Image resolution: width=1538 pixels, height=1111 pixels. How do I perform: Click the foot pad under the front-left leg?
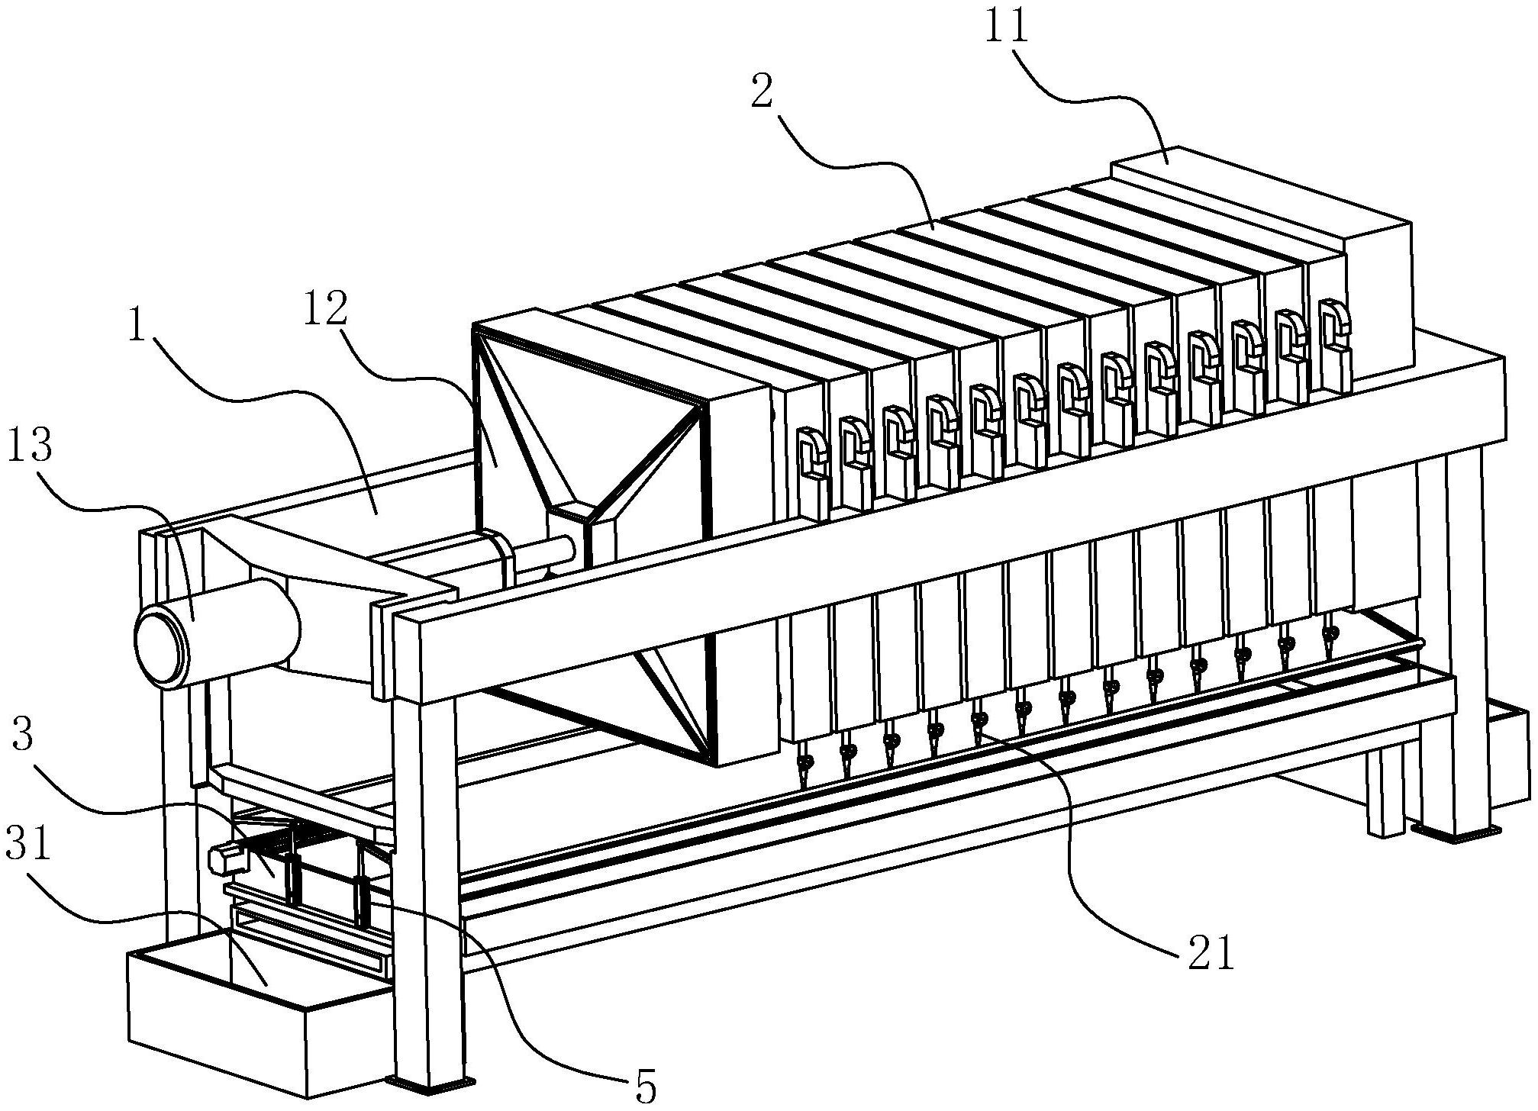coord(431,1084)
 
